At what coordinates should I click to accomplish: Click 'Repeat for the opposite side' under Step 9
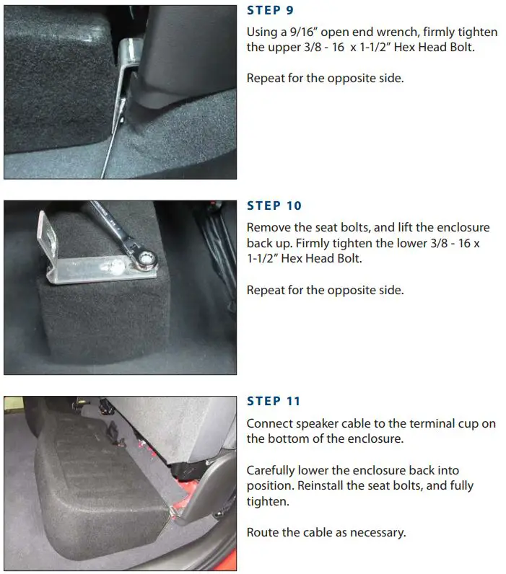[325, 78]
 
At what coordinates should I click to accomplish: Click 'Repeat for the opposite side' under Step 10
[325, 290]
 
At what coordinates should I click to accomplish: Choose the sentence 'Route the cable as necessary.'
[326, 533]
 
